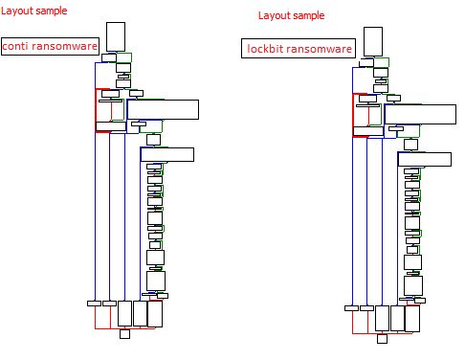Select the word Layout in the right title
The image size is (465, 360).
[x=275, y=16]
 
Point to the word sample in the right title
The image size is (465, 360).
[x=308, y=16]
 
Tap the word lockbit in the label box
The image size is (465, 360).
[x=264, y=49]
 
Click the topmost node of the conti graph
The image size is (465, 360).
[x=116, y=36]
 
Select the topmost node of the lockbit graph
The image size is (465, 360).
[x=373, y=41]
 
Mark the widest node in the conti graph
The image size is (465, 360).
[x=163, y=109]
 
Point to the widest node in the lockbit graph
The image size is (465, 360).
[x=419, y=114]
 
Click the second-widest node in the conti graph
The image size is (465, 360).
[x=167, y=154]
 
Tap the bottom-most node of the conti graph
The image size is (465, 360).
[x=124, y=334]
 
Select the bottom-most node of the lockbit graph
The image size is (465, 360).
[x=382, y=338]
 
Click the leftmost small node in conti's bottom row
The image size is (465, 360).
[x=94, y=304]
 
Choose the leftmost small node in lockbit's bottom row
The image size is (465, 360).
[x=351, y=308]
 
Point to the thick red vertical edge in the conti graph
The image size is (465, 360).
[x=96, y=110]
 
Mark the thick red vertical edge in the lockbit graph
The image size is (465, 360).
[x=353, y=115]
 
